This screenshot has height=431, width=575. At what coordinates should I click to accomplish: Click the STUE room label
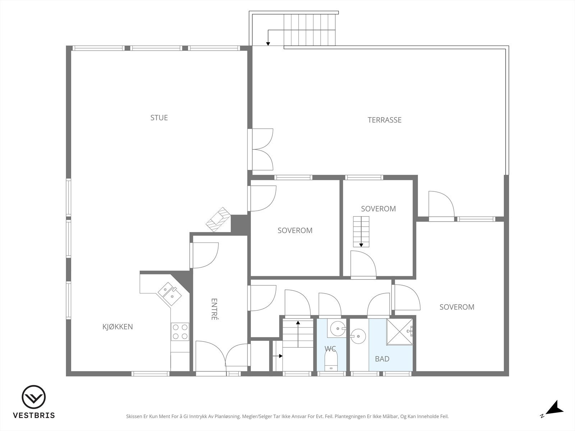pos(159,118)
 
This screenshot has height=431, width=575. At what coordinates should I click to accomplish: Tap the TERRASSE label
pos(384,120)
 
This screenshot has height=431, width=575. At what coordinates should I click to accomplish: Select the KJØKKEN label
pos(118,326)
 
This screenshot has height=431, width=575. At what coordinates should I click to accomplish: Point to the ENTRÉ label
pos(215,309)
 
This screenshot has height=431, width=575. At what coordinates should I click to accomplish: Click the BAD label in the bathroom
pos(382,359)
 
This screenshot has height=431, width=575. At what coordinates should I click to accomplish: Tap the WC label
pos(330,348)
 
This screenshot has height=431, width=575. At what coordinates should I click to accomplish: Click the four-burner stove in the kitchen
pos(180,332)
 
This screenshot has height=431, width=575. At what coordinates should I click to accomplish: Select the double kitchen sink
pos(170,293)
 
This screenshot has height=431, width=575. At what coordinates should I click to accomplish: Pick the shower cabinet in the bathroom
pos(400,332)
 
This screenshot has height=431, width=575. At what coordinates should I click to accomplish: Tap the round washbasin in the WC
pos(338,328)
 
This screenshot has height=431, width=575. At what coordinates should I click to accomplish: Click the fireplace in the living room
pos(218,219)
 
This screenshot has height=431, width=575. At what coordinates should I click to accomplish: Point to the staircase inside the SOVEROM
pos(361,232)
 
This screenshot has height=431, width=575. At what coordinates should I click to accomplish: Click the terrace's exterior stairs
pos(309,30)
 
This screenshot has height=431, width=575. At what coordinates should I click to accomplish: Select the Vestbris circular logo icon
pos(34,397)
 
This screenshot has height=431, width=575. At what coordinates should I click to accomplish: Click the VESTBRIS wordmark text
pos(34,415)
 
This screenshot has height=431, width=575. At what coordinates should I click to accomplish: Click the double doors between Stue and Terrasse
pos(261,149)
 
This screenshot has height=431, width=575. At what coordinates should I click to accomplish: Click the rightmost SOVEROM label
pos(457,307)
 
